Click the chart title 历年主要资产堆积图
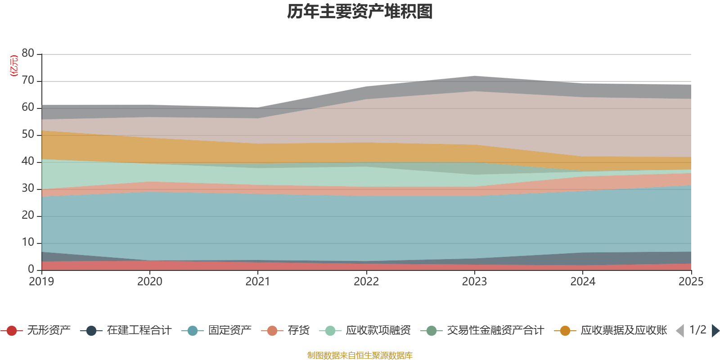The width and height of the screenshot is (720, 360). tap(360, 12)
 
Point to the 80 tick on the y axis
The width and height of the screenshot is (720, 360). tap(28, 53)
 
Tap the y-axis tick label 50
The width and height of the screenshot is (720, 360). tap(28, 134)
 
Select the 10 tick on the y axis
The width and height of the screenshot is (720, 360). tap(28, 242)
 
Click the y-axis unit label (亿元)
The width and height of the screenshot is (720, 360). tap(14, 66)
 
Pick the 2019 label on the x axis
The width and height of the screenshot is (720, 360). tap(41, 282)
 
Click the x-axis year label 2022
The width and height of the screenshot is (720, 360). tap(366, 282)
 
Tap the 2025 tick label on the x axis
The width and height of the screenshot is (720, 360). tap(691, 282)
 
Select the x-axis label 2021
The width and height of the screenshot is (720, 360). tap(258, 282)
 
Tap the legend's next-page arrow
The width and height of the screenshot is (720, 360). tap(715, 331)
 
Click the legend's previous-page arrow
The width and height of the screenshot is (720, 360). tap(680, 331)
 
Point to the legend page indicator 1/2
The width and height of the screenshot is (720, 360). tap(697, 330)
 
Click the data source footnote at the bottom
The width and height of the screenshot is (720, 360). tap(360, 355)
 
